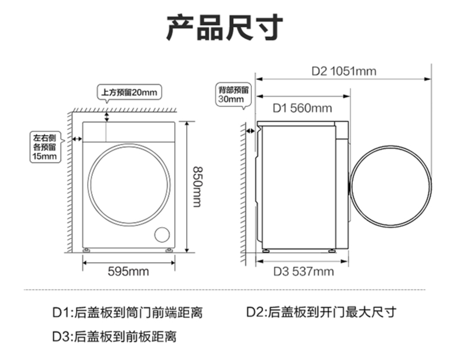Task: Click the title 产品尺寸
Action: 225,28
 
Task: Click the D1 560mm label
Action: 302,108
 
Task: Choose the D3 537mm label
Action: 303,272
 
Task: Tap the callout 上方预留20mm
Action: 129,93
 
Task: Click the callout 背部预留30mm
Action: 234,95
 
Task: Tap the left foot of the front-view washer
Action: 87,251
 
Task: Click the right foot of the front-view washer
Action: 169,251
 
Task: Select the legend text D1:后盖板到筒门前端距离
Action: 128,313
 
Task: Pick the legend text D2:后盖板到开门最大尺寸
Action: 321,313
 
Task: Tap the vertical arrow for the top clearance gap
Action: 107,116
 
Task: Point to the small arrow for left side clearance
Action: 77,139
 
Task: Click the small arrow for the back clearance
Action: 251,131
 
